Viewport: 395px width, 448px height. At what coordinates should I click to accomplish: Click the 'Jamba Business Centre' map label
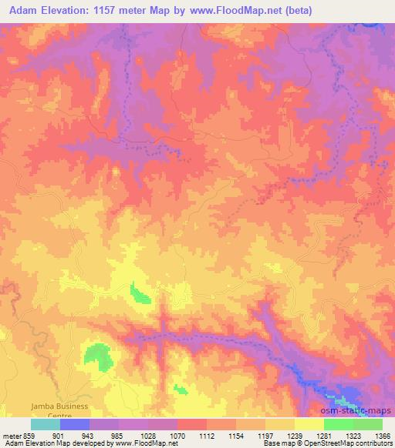[x=59, y=409]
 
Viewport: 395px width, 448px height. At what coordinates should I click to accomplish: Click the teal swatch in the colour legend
[x=45, y=424]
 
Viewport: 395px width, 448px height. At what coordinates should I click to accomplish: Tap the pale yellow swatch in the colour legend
[x=309, y=424]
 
